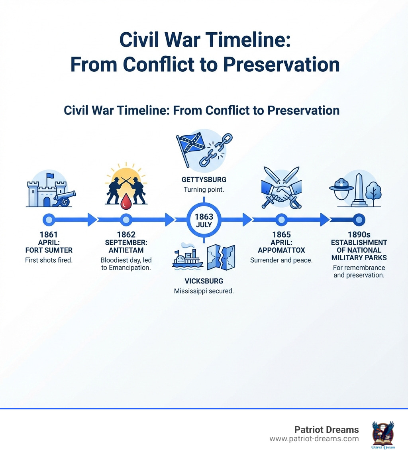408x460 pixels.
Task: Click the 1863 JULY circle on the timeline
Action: [204, 220]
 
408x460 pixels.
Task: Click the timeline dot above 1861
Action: [49, 219]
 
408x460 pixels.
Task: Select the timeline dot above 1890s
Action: [359, 219]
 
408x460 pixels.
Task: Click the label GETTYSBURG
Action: [204, 180]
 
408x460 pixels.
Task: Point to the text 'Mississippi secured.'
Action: [204, 291]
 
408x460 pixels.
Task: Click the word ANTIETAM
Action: [126, 250]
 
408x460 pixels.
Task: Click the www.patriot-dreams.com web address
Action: [314, 438]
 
